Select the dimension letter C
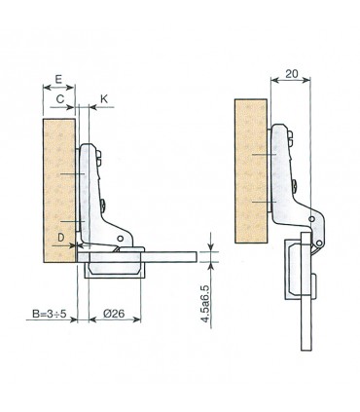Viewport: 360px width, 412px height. click(x=60, y=99)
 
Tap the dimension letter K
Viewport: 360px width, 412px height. click(x=105, y=99)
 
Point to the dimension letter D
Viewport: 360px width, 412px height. click(x=60, y=235)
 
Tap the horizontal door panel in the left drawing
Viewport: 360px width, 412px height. click(x=165, y=257)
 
